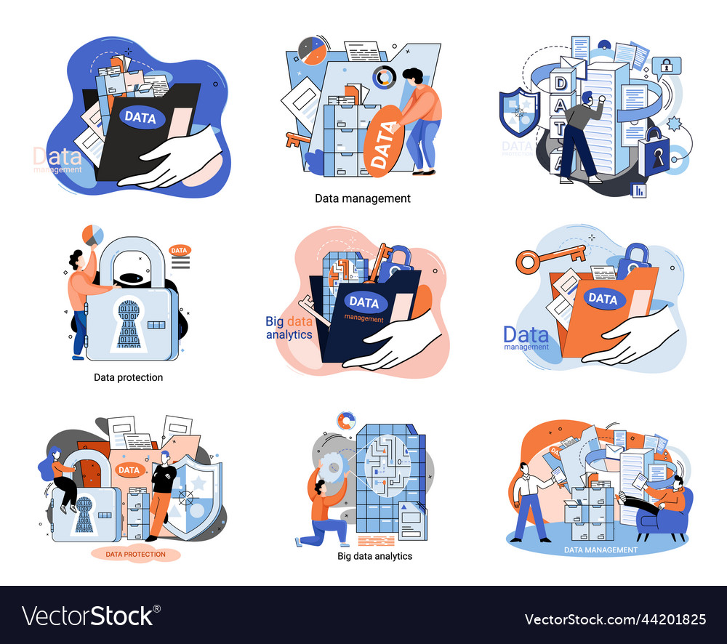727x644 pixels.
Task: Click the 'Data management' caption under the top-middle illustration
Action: tap(362, 198)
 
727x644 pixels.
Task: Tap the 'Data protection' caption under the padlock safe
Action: tap(128, 377)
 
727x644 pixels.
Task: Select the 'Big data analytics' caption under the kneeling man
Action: tap(374, 556)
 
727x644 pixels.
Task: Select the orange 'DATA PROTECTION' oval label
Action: tap(135, 554)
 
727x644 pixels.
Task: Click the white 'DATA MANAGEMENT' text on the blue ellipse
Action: tap(601, 550)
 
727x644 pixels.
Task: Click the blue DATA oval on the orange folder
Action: tap(602, 298)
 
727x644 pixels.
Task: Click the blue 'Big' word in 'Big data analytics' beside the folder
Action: tap(274, 321)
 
